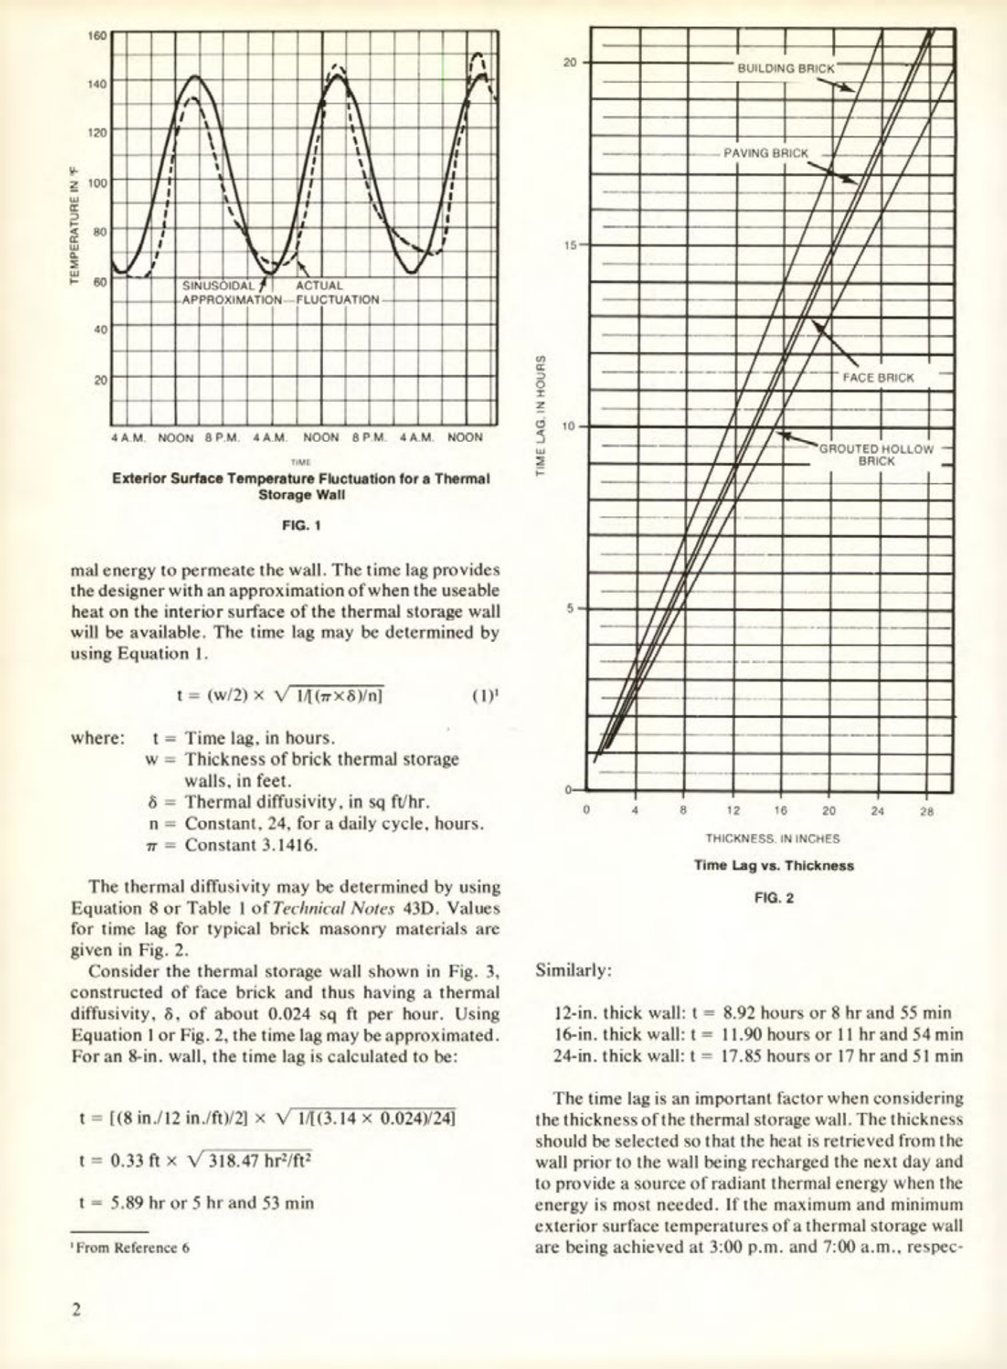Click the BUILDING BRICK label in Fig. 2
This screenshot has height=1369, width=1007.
pos(785,68)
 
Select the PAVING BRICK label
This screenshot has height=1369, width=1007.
pos(766,153)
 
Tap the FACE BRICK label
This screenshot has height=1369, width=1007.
pos(877,377)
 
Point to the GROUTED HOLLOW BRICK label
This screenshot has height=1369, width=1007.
pos(876,455)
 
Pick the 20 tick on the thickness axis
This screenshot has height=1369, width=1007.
pos(828,811)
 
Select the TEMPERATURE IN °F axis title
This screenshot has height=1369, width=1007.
pos(74,224)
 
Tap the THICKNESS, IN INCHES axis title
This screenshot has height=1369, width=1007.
pos(772,839)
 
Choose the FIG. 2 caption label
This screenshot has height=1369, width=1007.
pos(774,898)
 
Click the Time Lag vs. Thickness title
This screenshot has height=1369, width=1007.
pos(774,866)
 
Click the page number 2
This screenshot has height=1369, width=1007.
pos(77,1310)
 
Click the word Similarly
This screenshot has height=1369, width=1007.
pos(573,970)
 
